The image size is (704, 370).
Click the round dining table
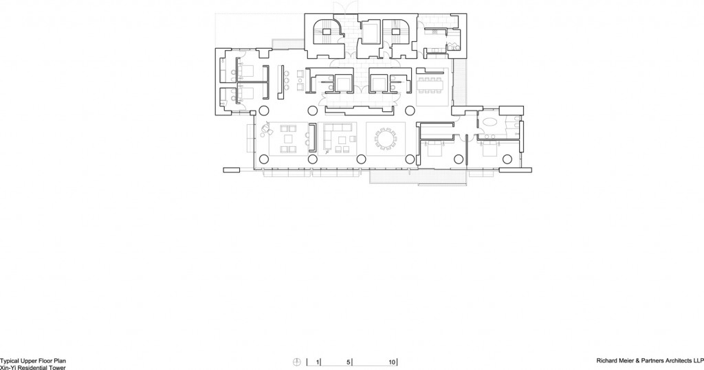(x=385, y=139)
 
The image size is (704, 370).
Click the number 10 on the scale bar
(x=392, y=362)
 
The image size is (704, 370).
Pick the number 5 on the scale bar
(x=349, y=362)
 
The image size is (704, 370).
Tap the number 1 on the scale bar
(x=318, y=362)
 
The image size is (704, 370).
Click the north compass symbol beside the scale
(x=296, y=362)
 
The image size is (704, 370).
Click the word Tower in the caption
(x=58, y=368)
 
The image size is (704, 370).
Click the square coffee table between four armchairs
(x=288, y=139)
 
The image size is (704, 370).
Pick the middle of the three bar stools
(x=287, y=81)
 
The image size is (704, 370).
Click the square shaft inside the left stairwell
(x=327, y=32)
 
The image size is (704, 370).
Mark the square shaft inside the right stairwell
(x=395, y=32)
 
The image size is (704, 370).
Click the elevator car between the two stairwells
(x=371, y=33)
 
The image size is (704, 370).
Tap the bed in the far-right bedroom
(x=490, y=150)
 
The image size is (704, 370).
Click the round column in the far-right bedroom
(x=507, y=159)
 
